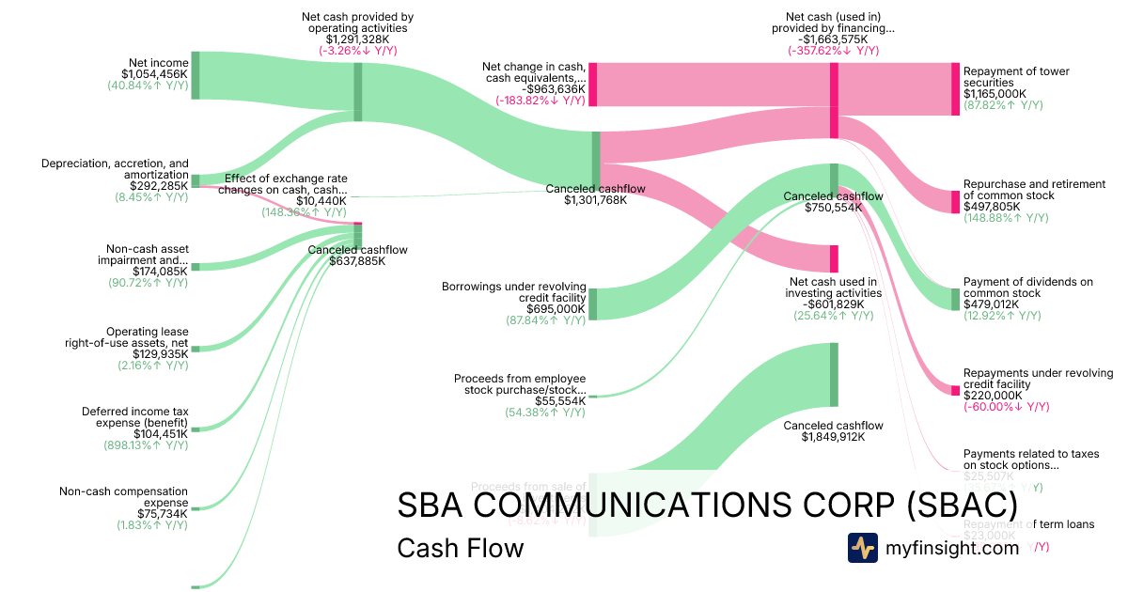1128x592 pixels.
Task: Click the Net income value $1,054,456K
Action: [154, 73]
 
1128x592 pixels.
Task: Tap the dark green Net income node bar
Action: [196, 75]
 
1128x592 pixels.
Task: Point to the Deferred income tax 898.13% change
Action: [146, 445]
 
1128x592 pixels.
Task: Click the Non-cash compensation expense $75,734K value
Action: [163, 513]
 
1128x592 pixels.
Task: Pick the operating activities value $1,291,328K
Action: [357, 39]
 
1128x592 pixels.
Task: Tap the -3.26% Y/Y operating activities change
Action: [357, 51]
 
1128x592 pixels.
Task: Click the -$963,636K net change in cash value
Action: [546, 89]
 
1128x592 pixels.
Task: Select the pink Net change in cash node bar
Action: [593, 84]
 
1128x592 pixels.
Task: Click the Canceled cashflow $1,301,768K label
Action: [595, 200]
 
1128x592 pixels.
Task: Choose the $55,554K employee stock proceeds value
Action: [560, 400]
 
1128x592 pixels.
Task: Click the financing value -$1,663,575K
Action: [833, 39]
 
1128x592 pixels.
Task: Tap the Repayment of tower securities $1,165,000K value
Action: [995, 94]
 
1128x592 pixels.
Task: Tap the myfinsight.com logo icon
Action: [862, 548]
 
